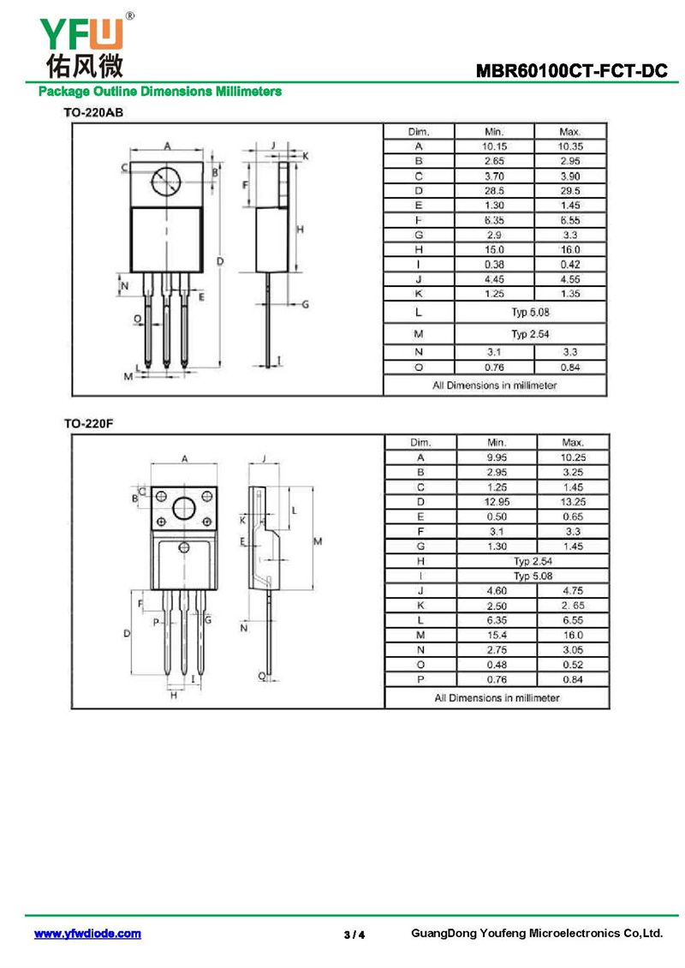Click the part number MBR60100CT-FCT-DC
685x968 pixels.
pos(571,71)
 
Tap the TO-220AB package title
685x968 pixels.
pos(93,112)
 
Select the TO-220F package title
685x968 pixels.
pos(89,423)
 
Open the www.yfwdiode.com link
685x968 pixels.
pos(87,934)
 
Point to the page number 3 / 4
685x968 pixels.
pos(354,935)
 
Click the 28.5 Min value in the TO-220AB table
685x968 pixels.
pos(494,191)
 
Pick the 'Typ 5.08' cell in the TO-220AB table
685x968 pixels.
pos(530,313)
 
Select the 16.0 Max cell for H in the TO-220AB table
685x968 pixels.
pos(570,249)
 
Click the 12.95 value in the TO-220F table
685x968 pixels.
pos(497,502)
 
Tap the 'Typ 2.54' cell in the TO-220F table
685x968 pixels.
pos(533,561)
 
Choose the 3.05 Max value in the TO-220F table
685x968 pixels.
pos(573,649)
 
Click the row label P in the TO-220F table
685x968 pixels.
pos(420,679)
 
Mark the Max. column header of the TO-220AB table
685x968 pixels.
pos(570,132)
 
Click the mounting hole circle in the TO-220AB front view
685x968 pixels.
pos(167,182)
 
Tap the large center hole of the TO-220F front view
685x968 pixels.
pos(184,509)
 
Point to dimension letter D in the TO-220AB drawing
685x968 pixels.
pos(220,262)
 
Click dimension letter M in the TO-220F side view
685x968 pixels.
pos(318,541)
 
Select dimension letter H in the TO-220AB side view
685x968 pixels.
pos(301,230)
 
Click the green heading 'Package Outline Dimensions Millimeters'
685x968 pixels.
pos(160,92)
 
